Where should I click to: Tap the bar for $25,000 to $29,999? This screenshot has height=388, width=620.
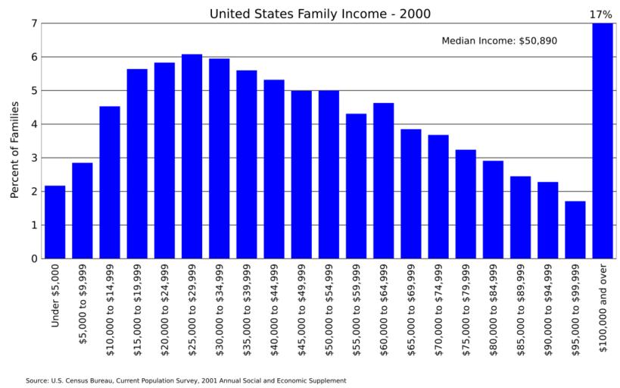click(x=192, y=156)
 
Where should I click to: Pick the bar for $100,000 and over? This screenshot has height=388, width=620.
click(x=603, y=141)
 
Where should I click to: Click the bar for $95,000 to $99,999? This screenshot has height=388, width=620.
click(x=575, y=230)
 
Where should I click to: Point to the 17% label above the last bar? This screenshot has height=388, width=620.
click(x=601, y=14)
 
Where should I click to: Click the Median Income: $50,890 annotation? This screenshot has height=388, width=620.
click(x=499, y=40)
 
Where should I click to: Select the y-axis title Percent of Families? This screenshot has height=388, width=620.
click(x=14, y=149)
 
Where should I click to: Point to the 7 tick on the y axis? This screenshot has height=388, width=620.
click(x=33, y=23)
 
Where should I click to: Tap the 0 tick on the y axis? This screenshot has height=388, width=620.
click(x=33, y=258)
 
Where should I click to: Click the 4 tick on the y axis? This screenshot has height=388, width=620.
click(x=33, y=124)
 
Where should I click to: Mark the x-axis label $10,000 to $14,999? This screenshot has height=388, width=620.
click(x=111, y=303)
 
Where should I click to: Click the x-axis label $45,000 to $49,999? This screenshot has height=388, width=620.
click(x=302, y=303)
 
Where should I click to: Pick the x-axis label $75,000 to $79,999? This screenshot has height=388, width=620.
click(x=466, y=303)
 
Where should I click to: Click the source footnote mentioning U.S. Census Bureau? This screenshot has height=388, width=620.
click(x=185, y=380)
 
